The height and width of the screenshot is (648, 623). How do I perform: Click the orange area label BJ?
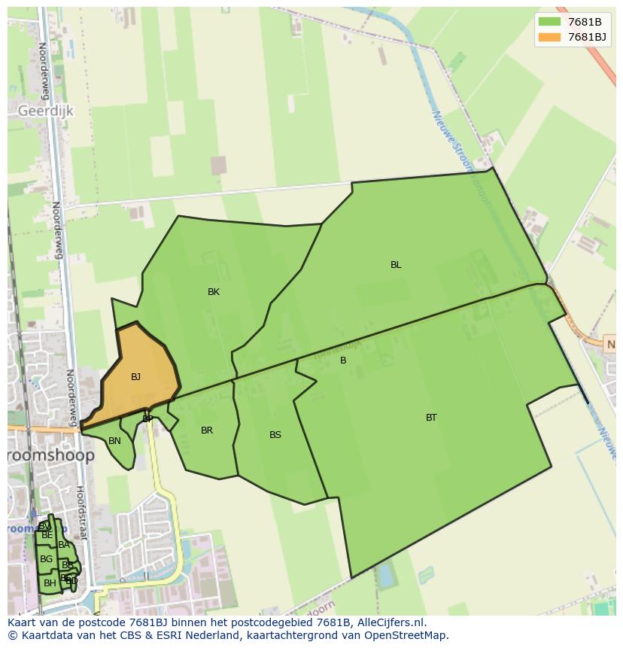135,377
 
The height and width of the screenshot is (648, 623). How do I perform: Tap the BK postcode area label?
214,292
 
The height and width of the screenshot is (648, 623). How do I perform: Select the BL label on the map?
396,265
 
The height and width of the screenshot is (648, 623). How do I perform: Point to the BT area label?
431,418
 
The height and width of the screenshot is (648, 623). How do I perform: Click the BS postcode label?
275,435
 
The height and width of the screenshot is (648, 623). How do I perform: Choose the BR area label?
207,430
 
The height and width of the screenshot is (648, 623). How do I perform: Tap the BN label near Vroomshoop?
114,441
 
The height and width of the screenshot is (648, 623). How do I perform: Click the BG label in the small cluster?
46,559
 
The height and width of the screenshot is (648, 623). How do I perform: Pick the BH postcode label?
50,583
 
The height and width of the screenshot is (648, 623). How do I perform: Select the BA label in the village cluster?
64,545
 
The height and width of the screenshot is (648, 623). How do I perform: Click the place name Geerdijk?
45,111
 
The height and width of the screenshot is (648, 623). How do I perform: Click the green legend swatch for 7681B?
549,22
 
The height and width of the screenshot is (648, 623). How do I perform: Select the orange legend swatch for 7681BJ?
549,37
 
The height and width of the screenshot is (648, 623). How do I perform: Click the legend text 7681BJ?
587,37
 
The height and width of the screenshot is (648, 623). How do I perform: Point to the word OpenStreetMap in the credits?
407,635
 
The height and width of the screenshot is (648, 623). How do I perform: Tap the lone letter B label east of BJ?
343,361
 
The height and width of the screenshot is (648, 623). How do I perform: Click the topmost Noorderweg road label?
44,71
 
